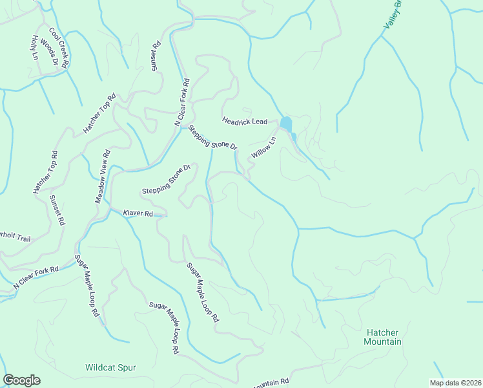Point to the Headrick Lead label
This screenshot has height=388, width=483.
[245, 121]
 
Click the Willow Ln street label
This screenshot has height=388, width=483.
[263, 148]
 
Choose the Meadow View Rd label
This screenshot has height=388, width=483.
[103, 177]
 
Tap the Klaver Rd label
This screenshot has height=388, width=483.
[138, 213]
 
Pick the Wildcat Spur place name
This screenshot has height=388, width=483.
[110, 367]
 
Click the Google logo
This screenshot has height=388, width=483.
[21, 380]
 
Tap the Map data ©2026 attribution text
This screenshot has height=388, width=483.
[455, 383]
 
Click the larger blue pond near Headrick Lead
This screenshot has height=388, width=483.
[285, 123]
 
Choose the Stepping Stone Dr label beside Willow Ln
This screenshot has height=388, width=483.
[213, 137]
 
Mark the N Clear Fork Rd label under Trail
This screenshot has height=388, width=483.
[36, 277]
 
